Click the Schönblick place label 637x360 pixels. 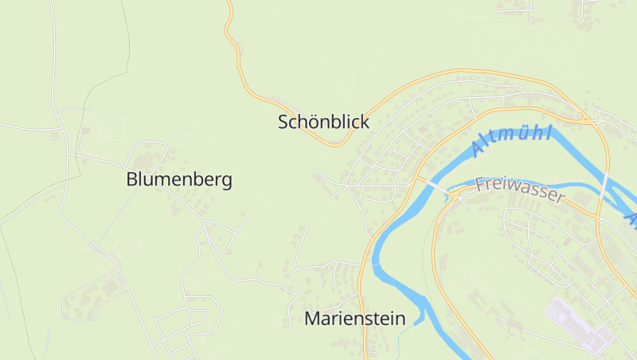point(323,123)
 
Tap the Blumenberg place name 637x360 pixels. point(179,180)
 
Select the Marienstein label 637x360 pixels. point(355,319)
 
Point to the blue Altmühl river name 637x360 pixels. point(510,140)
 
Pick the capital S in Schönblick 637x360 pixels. point(283,123)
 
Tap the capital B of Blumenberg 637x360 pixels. point(132,180)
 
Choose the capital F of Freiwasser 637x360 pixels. point(480,184)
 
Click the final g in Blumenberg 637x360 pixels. point(227,182)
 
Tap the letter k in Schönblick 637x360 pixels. point(365,123)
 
